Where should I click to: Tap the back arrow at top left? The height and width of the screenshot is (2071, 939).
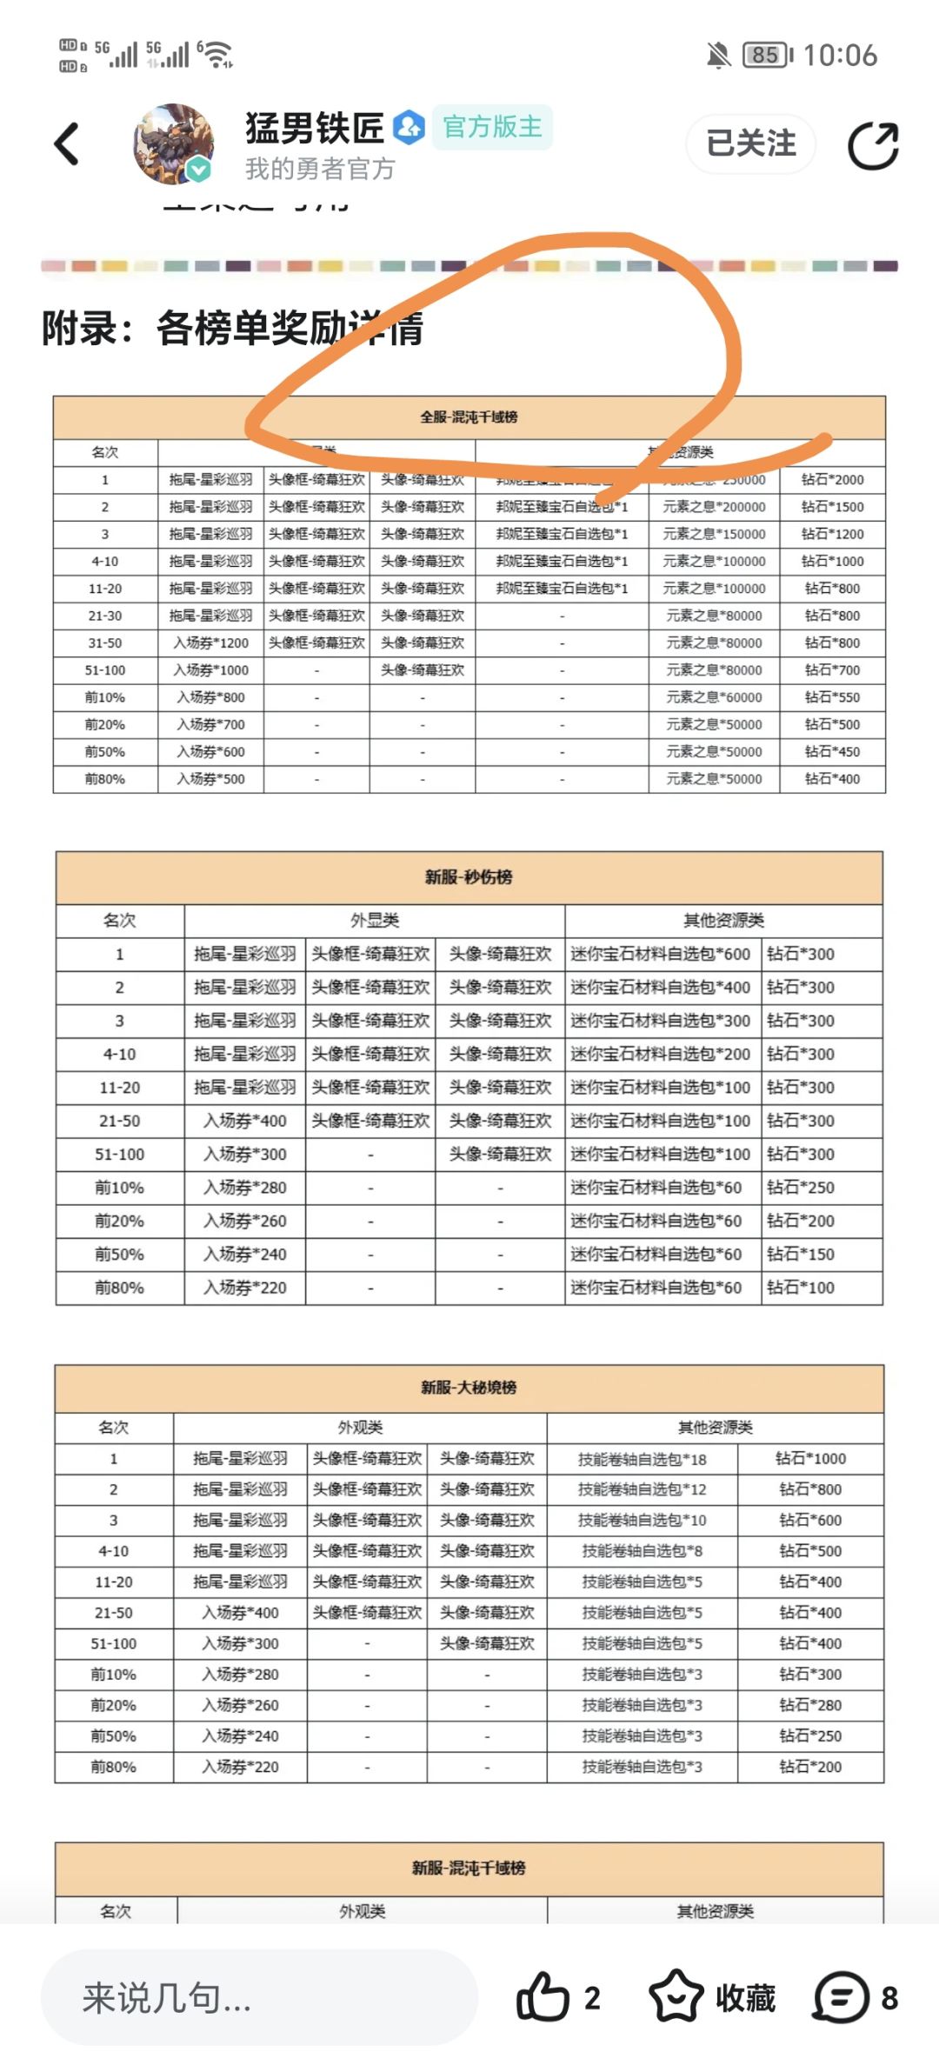coord(67,143)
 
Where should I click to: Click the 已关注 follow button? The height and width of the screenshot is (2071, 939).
coord(751,143)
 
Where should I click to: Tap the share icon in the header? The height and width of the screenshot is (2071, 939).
coord(873,145)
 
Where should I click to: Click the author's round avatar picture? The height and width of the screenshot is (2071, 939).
coord(173,143)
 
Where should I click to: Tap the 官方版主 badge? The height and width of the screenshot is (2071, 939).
coord(492,127)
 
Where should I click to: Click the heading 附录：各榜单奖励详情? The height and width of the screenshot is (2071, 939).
coord(233,329)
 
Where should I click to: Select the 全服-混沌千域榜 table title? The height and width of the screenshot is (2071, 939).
coord(469,417)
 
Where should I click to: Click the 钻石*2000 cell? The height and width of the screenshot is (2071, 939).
coord(832,480)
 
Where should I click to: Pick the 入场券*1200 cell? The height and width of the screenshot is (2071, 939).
coord(210,643)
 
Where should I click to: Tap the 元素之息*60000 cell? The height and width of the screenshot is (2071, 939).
coord(714,697)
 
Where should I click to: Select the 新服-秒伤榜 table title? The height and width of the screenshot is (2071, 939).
coord(469,877)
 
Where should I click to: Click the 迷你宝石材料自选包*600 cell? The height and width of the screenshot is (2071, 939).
coord(661,954)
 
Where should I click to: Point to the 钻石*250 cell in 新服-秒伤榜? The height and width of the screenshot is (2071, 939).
coord(801,1188)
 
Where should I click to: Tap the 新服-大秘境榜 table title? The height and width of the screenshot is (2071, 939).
coord(469,1388)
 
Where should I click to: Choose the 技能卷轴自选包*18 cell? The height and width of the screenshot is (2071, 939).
coord(643,1460)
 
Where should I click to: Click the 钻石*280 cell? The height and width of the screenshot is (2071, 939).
coord(810,1705)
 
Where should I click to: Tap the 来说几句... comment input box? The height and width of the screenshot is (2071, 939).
coord(259,1998)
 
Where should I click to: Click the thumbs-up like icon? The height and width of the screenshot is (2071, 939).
coord(543,1998)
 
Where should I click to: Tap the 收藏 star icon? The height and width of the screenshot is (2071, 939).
coord(676,1998)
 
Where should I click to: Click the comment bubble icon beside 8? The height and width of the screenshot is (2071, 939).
coord(841,1998)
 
